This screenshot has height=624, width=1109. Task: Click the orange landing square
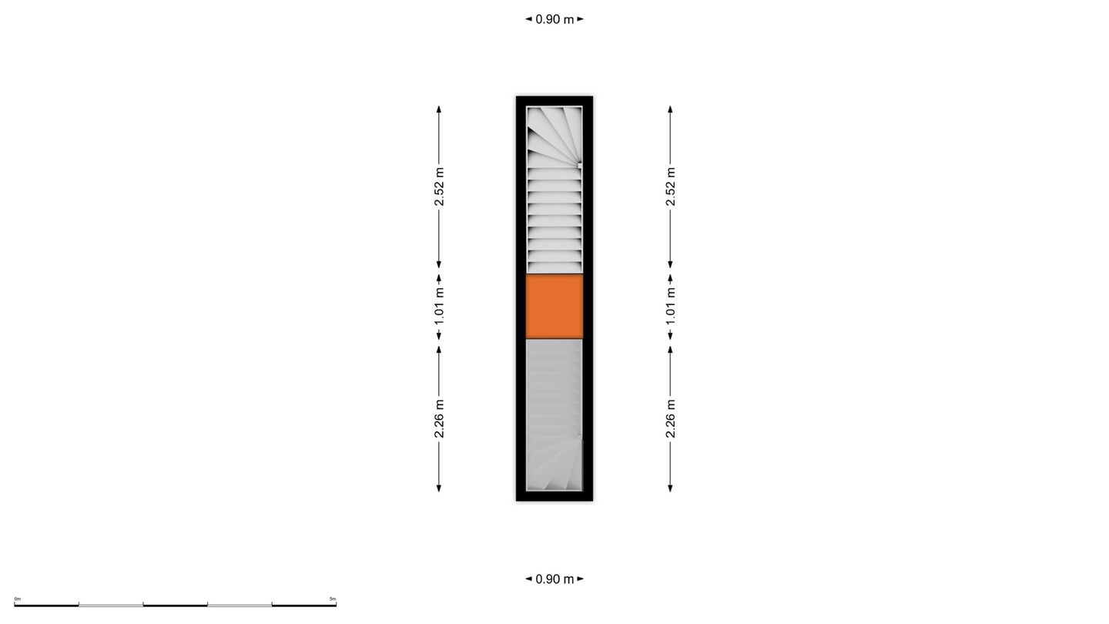click(554, 307)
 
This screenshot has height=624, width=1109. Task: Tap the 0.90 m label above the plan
click(554, 19)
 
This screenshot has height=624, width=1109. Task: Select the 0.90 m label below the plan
click(554, 579)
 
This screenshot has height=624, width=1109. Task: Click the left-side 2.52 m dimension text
click(439, 186)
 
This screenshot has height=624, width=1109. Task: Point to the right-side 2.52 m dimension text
click(670, 186)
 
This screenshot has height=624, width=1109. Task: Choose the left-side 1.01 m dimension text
click(439, 307)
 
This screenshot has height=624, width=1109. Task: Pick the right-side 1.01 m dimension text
click(670, 307)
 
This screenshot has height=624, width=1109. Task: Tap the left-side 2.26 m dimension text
click(439, 418)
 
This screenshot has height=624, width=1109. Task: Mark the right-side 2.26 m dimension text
click(670, 418)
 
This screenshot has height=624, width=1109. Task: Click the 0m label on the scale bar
click(17, 599)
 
